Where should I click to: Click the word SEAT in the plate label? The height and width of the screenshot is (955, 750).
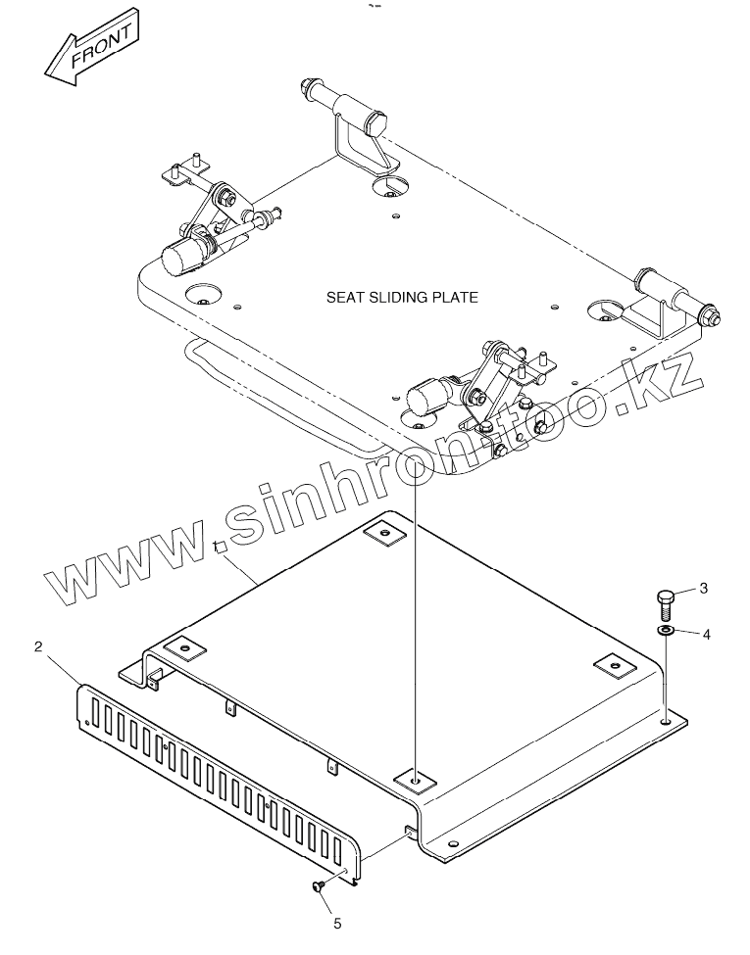click(345, 297)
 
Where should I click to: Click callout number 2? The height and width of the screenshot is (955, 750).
click(38, 646)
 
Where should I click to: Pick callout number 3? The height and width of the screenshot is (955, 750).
click(703, 588)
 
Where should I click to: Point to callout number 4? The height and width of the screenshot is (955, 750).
click(706, 634)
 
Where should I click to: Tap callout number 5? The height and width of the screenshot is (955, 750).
click(338, 922)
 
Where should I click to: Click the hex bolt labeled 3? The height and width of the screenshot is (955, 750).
click(664, 598)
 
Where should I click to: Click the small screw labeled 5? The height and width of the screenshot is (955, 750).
click(319, 886)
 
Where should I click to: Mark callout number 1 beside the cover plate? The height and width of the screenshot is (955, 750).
click(215, 548)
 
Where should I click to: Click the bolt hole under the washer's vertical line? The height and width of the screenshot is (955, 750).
click(666, 722)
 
